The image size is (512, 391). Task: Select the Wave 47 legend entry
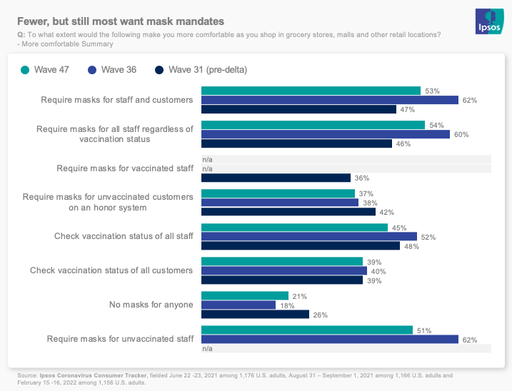(51, 70)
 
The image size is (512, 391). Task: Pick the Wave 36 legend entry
(122, 70)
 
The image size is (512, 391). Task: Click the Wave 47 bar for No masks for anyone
(244, 295)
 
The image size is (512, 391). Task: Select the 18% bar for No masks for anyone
(238, 305)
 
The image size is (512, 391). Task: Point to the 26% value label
(321, 315)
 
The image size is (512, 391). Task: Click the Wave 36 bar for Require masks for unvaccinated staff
(329, 339)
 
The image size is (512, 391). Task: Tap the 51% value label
(424, 330)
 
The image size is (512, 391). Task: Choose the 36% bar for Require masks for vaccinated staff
(276, 178)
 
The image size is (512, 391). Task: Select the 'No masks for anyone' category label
(151, 305)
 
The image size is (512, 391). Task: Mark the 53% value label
(432, 91)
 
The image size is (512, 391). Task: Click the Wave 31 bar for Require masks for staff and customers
(298, 109)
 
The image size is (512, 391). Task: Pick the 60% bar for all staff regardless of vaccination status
(326, 134)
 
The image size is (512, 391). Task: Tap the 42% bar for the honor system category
(288, 212)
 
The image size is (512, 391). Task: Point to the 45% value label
(399, 228)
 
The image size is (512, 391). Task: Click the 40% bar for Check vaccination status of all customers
(283, 270)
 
